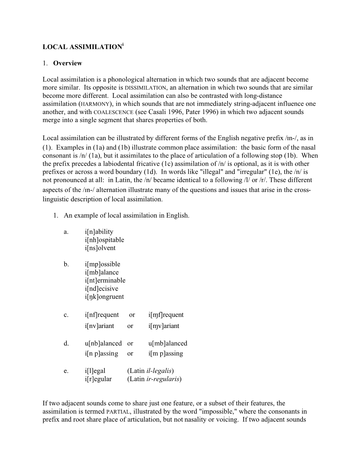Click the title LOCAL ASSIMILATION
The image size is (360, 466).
82,47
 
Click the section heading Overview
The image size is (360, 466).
67,63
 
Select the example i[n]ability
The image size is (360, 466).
99,232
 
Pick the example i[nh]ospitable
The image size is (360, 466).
104,240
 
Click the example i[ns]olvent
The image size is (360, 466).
100,248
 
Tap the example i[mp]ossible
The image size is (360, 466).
103,264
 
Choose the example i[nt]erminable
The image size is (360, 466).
105,280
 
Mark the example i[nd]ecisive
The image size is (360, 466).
102,288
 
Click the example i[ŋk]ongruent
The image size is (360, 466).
104,297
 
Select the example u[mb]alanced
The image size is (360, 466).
168,343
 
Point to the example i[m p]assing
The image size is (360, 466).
166,353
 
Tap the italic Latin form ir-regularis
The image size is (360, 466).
163,379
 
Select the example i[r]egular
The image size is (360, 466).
98,379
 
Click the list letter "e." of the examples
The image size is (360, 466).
66,371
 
